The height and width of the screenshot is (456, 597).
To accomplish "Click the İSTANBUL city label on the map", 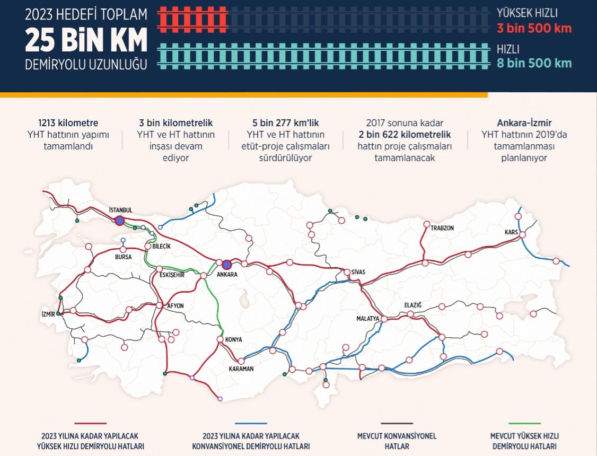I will tap(120, 210).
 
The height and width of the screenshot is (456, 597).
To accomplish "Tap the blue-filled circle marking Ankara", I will tap(227, 264).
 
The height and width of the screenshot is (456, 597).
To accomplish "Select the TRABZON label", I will tap(442, 228).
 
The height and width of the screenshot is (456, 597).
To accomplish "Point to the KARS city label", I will tap(511, 233).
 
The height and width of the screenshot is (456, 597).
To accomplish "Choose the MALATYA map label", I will tap(368, 319).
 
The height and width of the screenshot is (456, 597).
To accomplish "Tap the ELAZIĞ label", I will tap(412, 305).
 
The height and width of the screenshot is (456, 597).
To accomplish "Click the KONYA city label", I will tap(233, 339).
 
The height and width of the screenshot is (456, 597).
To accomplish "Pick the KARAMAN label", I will tap(241, 369).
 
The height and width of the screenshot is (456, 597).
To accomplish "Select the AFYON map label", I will tap(175, 305).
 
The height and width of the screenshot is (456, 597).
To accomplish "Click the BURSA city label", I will tap(122, 257).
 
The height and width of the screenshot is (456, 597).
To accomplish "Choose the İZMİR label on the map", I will tap(48, 314).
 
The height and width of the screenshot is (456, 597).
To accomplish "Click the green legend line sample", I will tap(524, 424).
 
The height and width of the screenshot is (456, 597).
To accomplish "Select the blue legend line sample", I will tap(250, 424).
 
